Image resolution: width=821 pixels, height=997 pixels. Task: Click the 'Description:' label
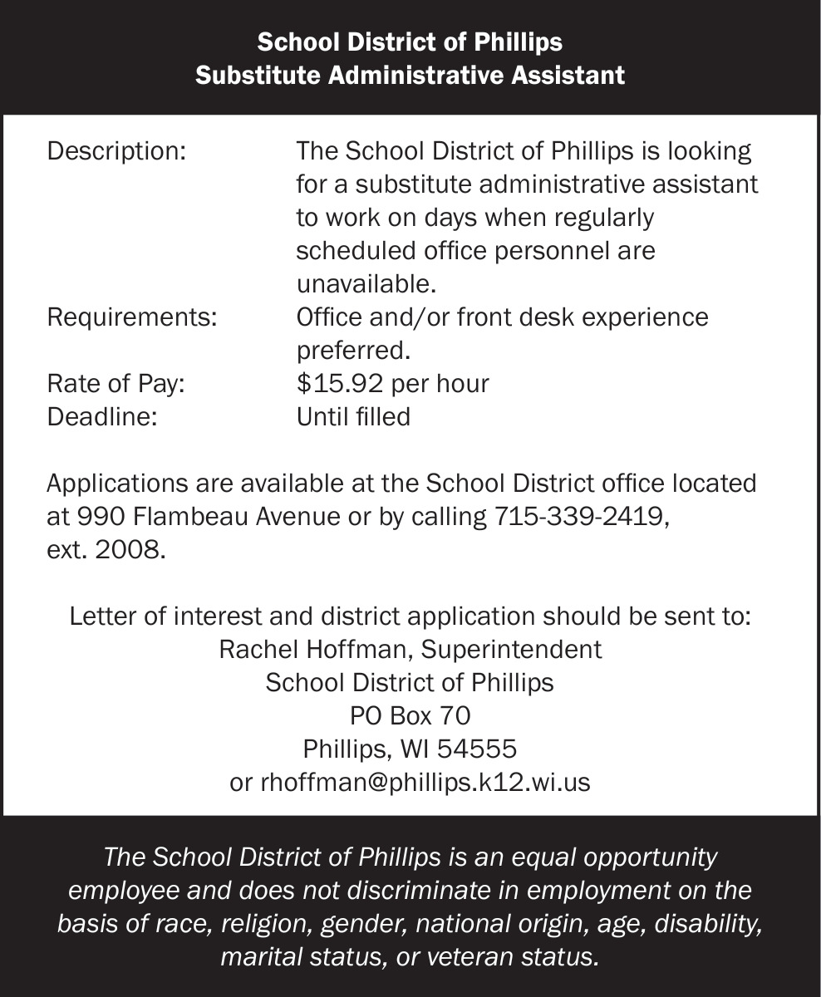pyautogui.click(x=116, y=152)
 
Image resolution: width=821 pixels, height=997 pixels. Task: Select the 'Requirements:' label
pyautogui.click(x=132, y=317)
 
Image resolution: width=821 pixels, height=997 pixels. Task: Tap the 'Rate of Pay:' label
pyautogui.click(x=116, y=384)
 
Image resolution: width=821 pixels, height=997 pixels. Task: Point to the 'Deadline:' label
pyautogui.click(x=102, y=416)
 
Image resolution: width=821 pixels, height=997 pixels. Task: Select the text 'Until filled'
pyautogui.click(x=353, y=416)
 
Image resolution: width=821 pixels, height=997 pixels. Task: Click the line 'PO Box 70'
pyautogui.click(x=410, y=715)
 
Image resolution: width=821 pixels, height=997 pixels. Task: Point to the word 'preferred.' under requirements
pyautogui.click(x=354, y=351)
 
